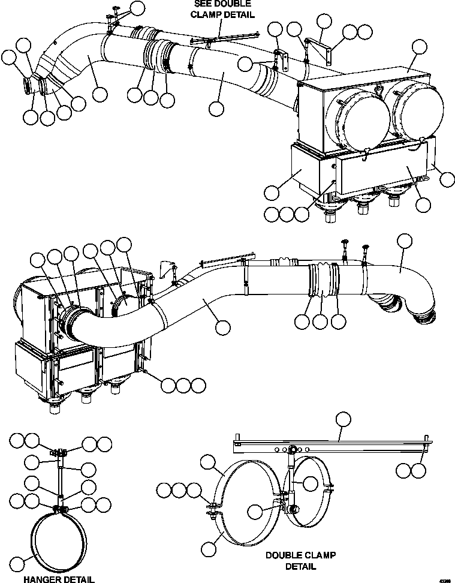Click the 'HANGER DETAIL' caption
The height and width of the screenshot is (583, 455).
click(58, 579)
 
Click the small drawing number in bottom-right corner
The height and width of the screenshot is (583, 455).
click(444, 579)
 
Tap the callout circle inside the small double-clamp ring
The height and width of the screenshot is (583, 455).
click(309, 483)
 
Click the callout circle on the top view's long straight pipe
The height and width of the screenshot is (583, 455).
click(217, 109)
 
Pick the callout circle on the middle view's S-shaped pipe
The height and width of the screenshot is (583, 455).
click(223, 327)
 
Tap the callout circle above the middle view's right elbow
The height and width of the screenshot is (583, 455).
click(405, 241)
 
